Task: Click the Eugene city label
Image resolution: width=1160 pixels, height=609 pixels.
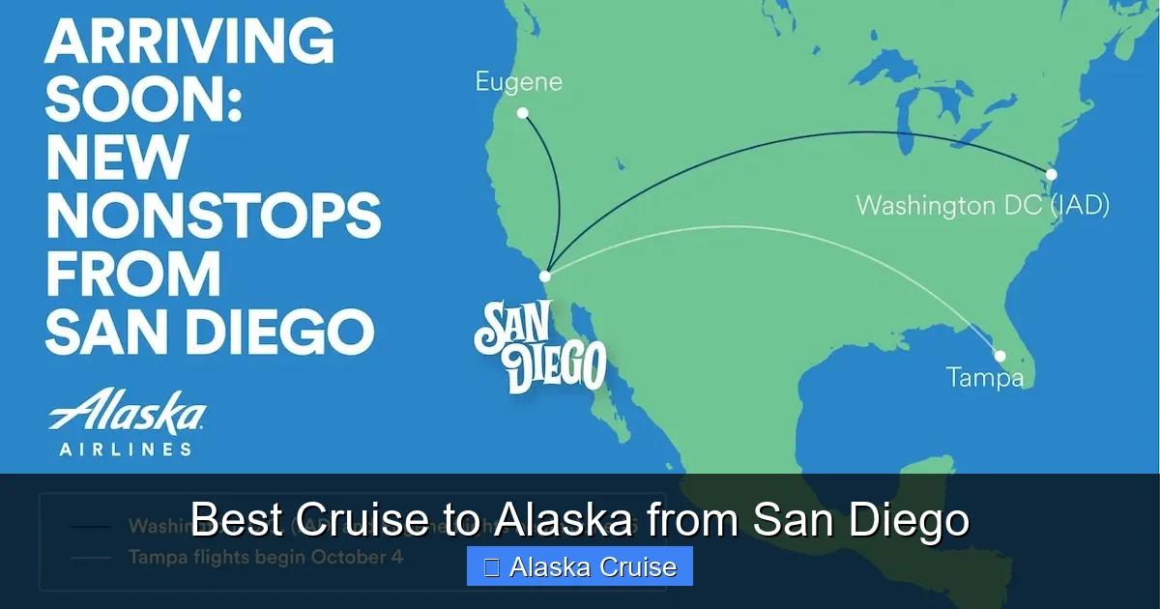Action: tap(518, 82)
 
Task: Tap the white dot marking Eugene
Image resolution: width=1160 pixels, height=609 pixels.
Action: tap(523, 113)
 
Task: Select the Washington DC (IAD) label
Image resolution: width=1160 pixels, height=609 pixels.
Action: tap(982, 206)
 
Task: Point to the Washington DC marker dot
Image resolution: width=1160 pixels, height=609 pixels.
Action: tap(1052, 175)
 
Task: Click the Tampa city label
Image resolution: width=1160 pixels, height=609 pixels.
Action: tap(984, 377)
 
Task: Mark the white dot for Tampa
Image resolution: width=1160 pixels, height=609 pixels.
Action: tap(1000, 356)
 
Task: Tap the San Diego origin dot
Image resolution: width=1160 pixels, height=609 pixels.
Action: tap(545, 276)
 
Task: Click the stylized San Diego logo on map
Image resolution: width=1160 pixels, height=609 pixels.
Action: tap(539, 347)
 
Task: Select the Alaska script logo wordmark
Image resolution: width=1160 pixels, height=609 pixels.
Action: tap(127, 413)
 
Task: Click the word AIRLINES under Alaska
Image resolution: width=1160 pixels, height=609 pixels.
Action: tap(126, 449)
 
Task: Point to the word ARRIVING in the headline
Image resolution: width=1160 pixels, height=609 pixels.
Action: tap(189, 42)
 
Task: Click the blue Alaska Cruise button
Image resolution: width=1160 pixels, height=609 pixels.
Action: tap(580, 566)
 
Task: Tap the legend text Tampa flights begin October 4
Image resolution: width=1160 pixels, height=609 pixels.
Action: tap(265, 558)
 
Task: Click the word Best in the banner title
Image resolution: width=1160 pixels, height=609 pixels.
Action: tap(237, 520)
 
